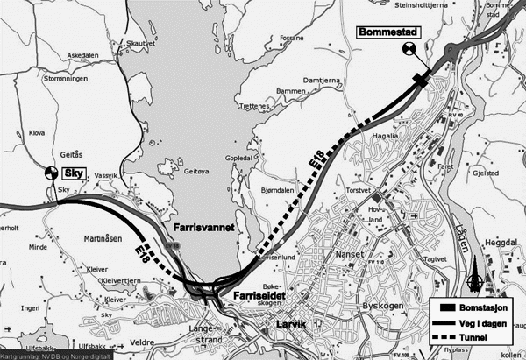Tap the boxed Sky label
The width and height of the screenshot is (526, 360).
tap(74, 174)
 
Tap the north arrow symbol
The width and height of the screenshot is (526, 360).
tap(477, 278)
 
